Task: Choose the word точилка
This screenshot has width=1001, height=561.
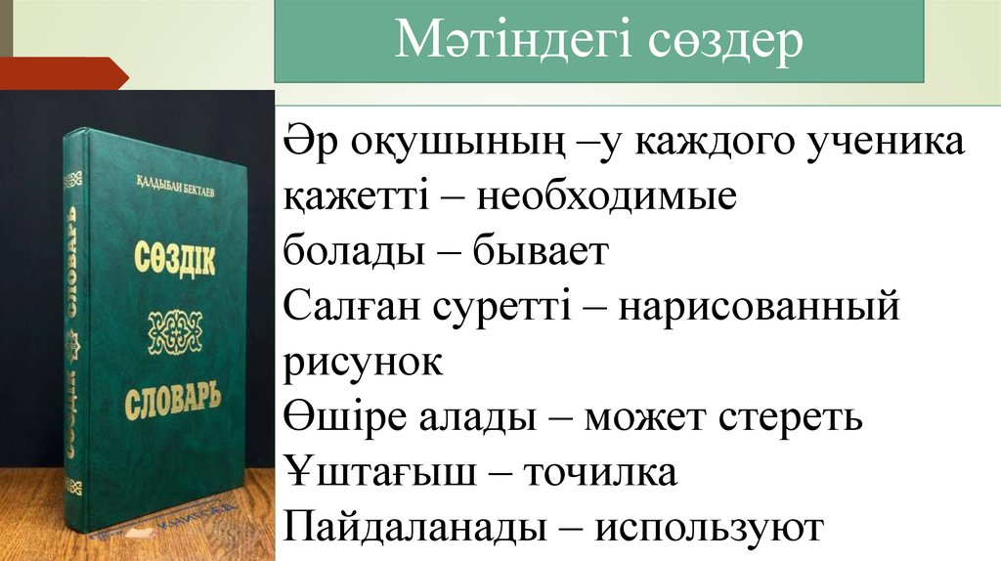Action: click(x=600, y=473)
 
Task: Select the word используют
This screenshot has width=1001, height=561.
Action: click(x=711, y=528)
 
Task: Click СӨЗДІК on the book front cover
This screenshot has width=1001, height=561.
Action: click(x=174, y=260)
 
